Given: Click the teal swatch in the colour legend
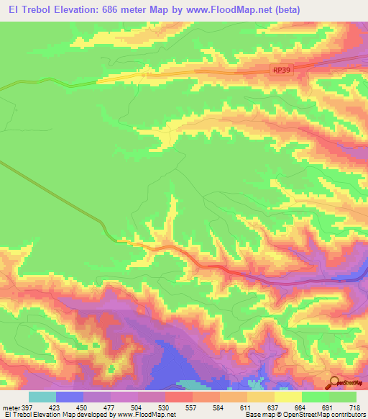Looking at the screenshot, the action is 42,397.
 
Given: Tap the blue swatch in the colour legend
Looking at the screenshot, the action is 70,397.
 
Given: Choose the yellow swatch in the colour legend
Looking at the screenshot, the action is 287,397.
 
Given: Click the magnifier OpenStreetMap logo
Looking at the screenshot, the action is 334,384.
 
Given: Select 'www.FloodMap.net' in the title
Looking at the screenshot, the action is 224,9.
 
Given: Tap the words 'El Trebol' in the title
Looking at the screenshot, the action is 24,9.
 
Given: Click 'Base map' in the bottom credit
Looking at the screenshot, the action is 259,415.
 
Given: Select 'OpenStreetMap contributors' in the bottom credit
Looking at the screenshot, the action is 327,415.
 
